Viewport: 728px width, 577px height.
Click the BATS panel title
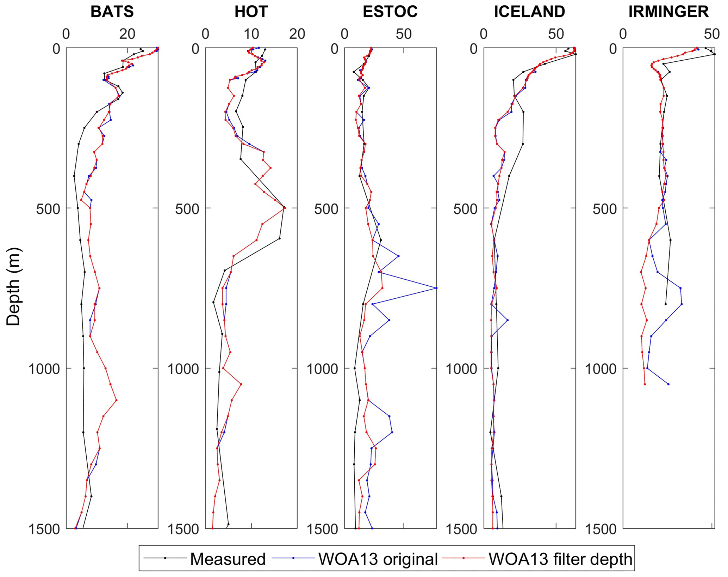click(x=112, y=12)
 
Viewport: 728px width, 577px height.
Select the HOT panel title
click(x=251, y=12)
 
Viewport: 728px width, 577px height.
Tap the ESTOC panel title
click(x=390, y=12)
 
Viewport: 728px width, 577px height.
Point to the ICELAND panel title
click(x=529, y=12)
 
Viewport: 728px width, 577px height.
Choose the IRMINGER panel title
click(x=668, y=12)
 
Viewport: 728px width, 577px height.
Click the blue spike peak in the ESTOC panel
click(x=436, y=288)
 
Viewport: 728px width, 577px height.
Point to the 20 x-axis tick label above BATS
click(x=127, y=34)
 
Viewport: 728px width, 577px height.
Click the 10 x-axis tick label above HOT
click(x=251, y=34)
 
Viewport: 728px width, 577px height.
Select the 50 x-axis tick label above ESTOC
click(x=404, y=34)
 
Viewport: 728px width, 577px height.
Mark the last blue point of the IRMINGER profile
click(x=668, y=384)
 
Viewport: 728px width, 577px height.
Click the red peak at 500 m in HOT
click(x=285, y=208)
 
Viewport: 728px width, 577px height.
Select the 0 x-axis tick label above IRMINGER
click(x=623, y=34)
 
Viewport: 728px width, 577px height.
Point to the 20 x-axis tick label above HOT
click(x=297, y=34)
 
